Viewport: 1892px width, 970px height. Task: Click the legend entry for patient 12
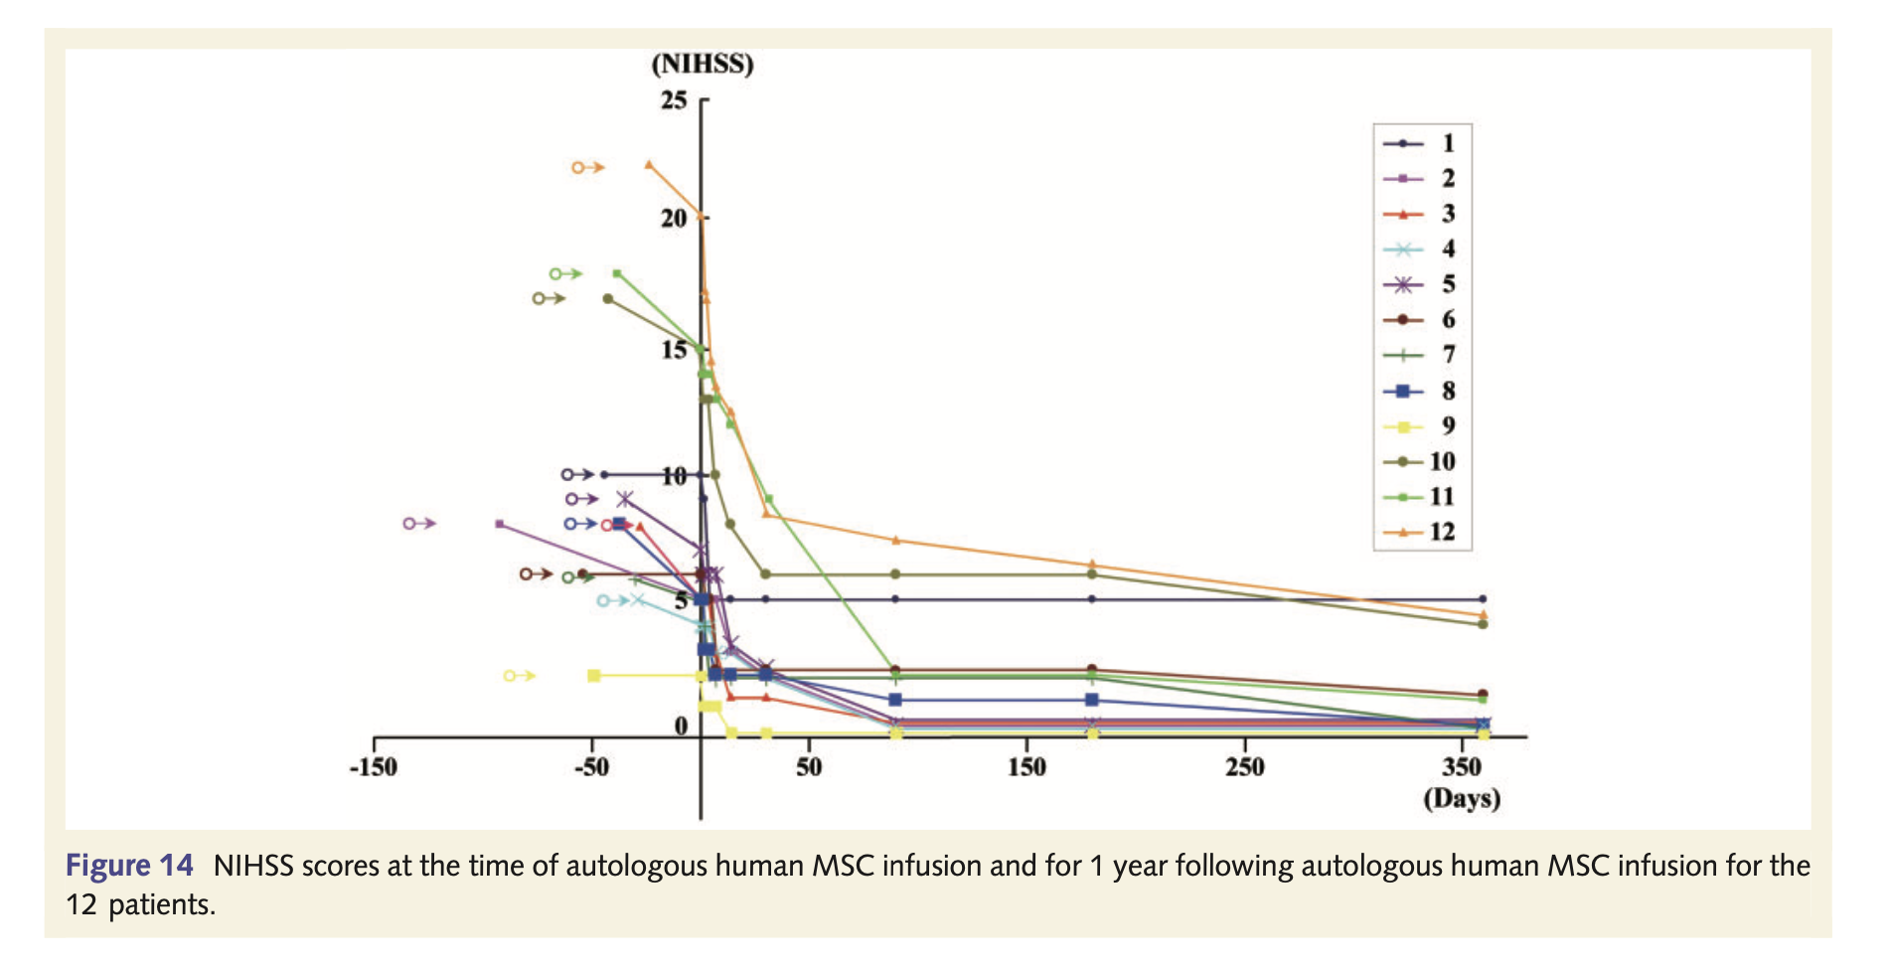[x=1421, y=533]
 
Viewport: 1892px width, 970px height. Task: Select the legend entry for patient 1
[x=1421, y=143]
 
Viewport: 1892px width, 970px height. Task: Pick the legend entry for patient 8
[x=1421, y=391]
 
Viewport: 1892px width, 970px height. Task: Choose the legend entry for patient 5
[x=1421, y=284]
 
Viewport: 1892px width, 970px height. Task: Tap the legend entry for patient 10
[x=1421, y=462]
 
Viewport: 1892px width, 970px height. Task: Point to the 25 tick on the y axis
[x=675, y=100]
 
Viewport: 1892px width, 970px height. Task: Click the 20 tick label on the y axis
[x=674, y=218]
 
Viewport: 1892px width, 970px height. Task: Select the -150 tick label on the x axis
[x=373, y=767]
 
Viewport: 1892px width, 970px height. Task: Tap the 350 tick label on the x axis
[x=1462, y=767]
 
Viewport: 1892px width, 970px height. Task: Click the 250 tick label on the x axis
[x=1244, y=767]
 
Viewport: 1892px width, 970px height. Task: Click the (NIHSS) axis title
[x=702, y=65]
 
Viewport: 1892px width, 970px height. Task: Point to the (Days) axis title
[x=1461, y=798]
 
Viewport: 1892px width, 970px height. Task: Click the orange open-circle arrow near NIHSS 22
[x=587, y=168]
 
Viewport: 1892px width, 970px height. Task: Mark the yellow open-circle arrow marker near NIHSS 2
[x=519, y=676]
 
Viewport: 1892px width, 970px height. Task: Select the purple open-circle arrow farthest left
[x=419, y=523]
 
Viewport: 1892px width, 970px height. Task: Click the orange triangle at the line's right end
[x=1483, y=615]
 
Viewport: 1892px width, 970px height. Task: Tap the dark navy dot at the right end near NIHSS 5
[x=1483, y=599]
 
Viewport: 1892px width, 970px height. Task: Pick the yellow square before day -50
[x=594, y=676]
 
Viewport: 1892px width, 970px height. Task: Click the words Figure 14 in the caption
[x=129, y=866]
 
